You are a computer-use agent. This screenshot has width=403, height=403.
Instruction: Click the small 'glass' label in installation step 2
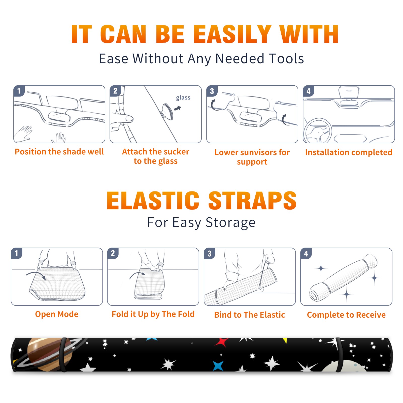183,98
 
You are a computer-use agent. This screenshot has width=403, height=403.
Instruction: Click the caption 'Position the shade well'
59,152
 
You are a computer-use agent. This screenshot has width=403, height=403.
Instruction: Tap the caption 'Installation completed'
349,152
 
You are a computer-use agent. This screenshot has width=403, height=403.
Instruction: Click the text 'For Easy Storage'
201,223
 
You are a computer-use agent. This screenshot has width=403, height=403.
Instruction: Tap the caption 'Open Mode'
57,314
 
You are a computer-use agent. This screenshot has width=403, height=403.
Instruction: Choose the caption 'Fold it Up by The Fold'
153,314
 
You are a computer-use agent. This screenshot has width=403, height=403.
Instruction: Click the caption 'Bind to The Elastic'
250,315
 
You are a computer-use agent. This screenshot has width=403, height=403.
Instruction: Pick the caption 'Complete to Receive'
346,315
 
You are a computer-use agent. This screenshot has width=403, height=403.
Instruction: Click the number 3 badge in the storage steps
210,253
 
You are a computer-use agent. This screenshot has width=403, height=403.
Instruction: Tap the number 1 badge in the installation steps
19,91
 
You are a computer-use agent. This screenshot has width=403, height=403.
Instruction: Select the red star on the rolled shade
222,342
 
